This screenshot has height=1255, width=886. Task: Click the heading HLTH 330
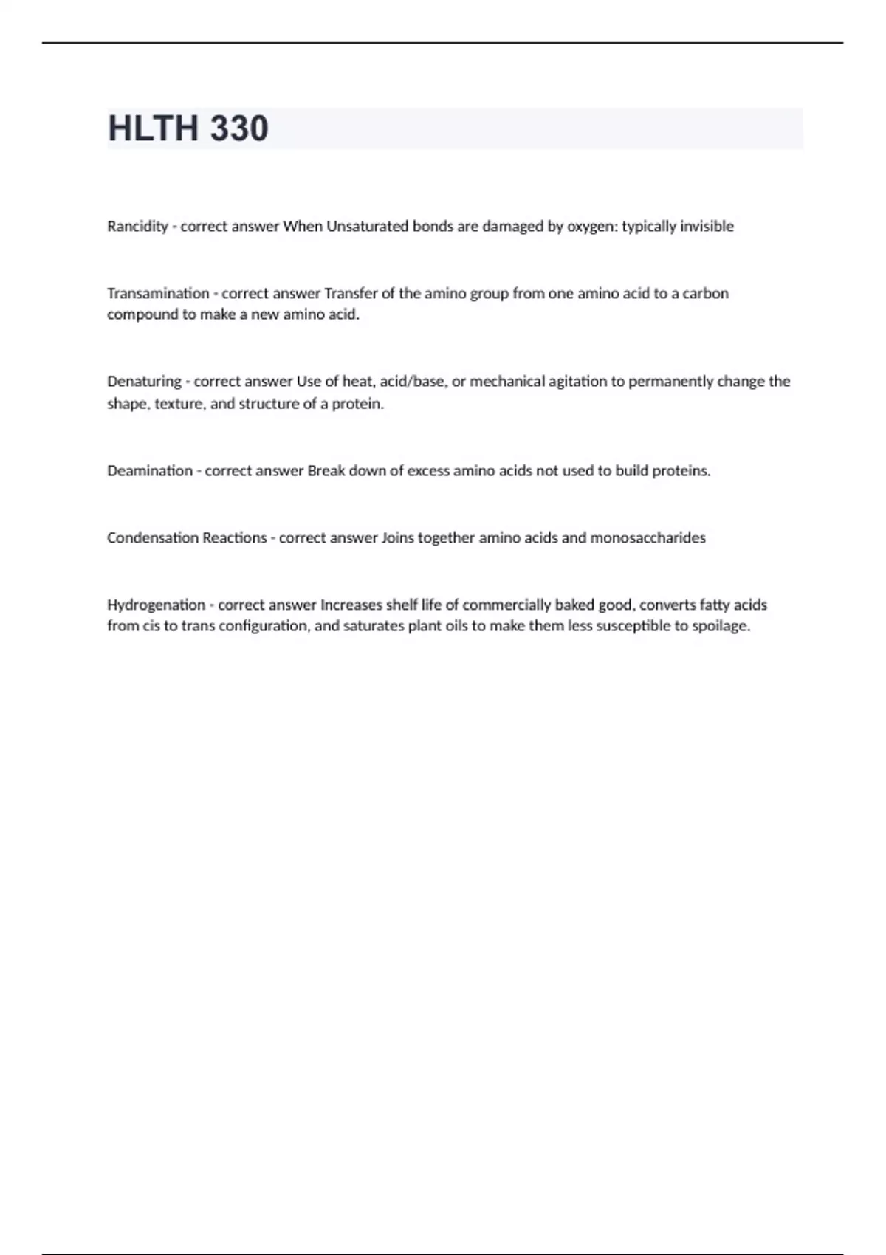point(188,128)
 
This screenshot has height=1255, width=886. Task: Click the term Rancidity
point(137,227)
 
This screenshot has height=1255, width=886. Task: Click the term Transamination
point(158,294)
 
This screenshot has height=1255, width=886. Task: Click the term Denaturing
point(144,382)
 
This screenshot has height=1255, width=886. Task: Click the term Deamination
point(150,471)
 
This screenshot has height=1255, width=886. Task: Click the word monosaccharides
point(648,538)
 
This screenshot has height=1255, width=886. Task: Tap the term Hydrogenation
point(156,605)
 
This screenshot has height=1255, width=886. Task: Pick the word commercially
point(506,605)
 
